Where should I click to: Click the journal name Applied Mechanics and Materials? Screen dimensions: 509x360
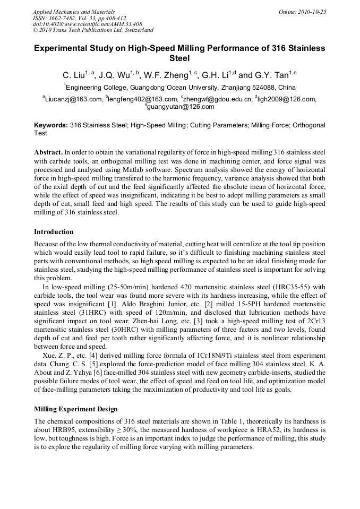(x=73, y=12)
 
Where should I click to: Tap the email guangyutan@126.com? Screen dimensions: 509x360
(x=180, y=107)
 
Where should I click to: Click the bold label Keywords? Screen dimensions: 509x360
(x=51, y=125)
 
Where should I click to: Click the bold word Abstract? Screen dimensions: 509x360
(x=49, y=152)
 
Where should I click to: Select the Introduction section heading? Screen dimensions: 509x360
(x=54, y=232)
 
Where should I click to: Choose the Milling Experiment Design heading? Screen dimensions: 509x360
(x=75, y=409)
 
